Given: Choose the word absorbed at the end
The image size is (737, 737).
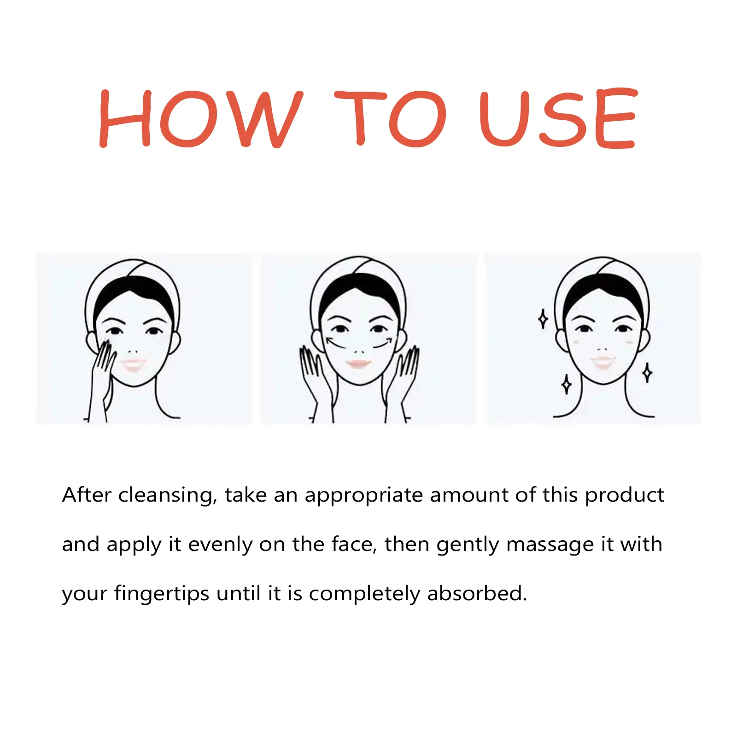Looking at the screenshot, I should tap(477, 593).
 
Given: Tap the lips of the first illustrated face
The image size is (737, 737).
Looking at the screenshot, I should tap(134, 364).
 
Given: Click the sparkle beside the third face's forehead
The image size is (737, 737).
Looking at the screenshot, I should tap(543, 319).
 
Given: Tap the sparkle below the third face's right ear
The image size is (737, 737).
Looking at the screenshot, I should tap(647, 373).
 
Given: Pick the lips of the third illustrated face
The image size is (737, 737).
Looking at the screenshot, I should tap(603, 361).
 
